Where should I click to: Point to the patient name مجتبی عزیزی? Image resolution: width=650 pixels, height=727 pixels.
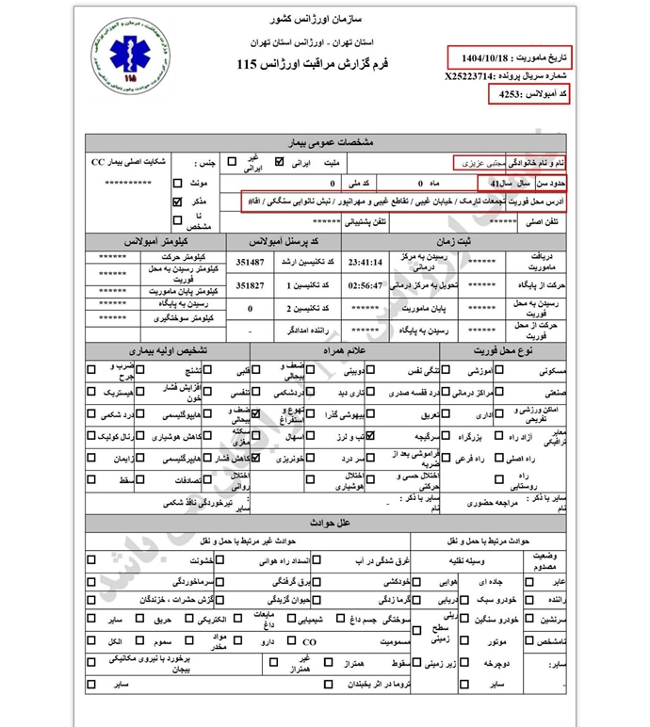pos(482,163)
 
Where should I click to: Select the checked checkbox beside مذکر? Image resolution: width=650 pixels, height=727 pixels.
pos(177,202)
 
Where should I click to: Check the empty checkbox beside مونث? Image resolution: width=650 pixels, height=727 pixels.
pos(177,184)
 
